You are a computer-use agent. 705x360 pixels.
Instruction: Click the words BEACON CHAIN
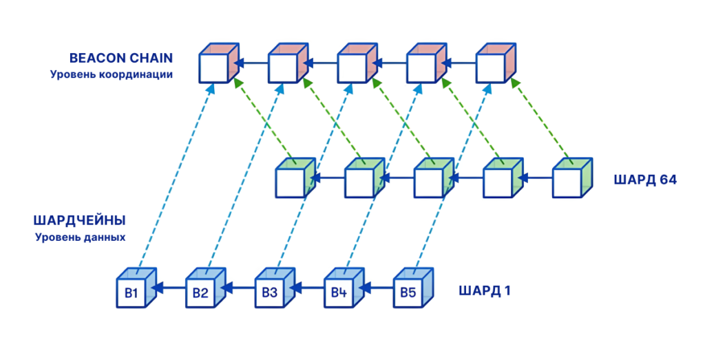pos(121,58)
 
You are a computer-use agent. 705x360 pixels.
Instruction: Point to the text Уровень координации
pos(111,74)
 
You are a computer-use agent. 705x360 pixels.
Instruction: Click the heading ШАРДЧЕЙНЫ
pos(79,221)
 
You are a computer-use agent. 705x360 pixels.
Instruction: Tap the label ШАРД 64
pos(645,180)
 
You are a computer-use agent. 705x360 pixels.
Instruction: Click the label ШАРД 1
pos(485,290)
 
